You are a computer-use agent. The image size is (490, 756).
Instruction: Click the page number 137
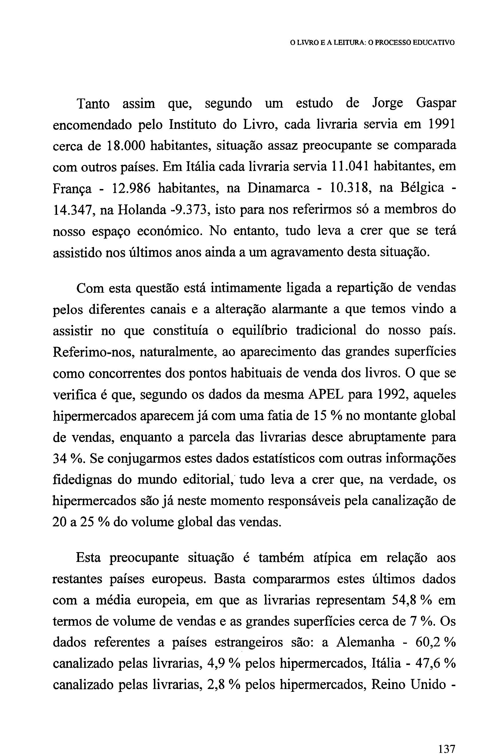pyautogui.click(x=446, y=747)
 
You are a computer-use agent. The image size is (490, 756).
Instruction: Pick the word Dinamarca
pyautogui.click(x=278, y=188)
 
